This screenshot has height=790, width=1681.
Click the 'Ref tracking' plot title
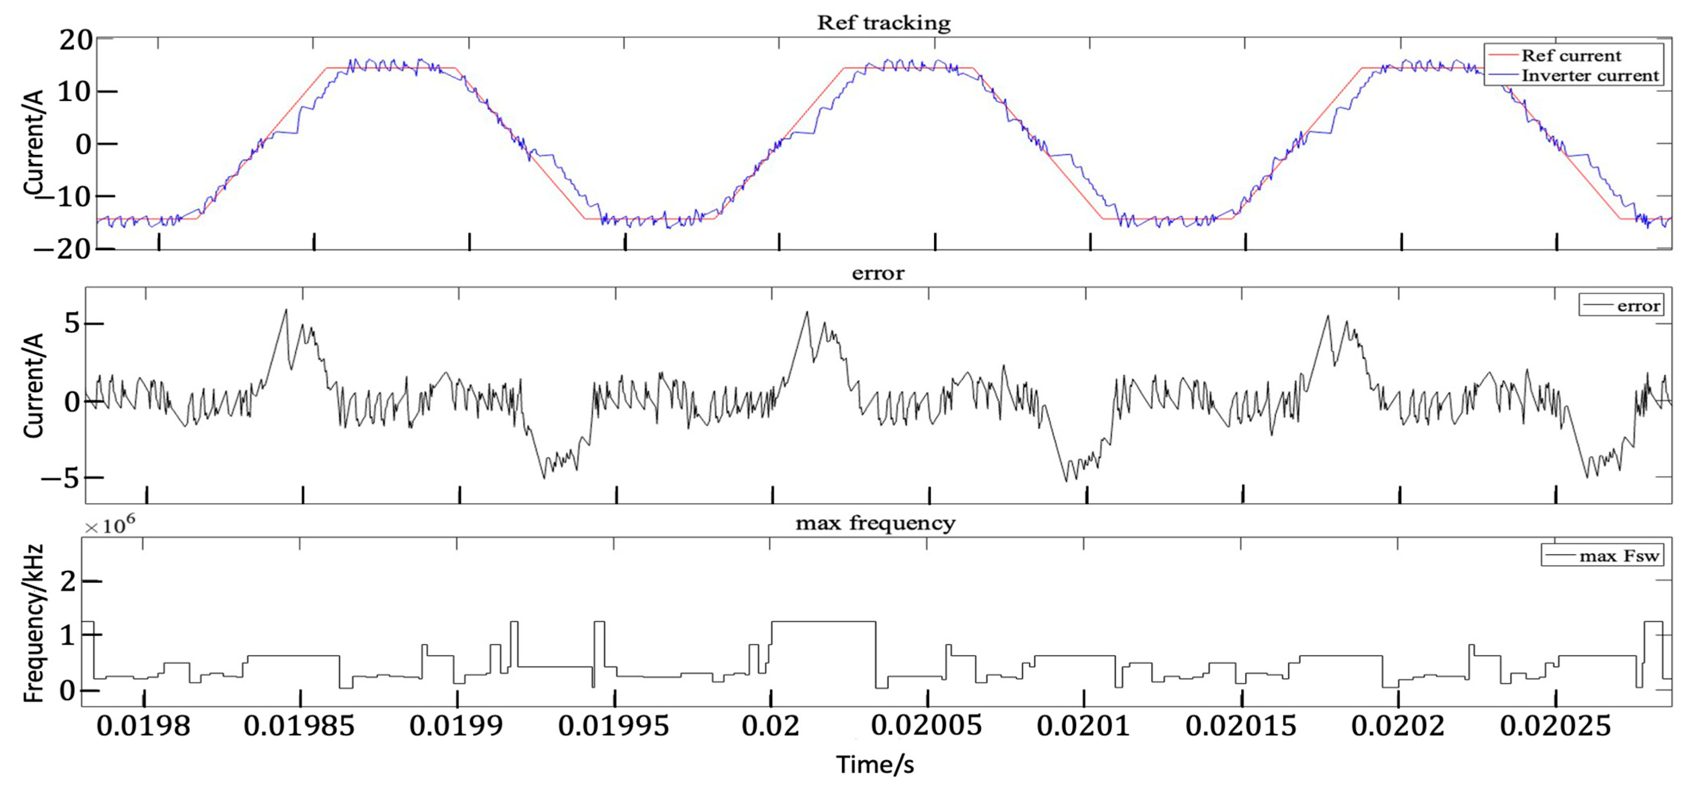coord(884,23)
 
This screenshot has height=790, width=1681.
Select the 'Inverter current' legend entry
coord(1590,76)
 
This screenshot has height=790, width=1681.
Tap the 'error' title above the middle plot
coord(878,273)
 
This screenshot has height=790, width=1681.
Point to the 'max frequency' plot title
coord(875,523)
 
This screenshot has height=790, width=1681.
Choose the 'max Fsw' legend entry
coord(1618,556)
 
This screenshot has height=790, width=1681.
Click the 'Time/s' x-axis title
coord(875,764)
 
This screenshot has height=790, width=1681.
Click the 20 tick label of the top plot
coord(76,40)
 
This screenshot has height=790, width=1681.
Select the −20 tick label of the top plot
coord(64,249)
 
